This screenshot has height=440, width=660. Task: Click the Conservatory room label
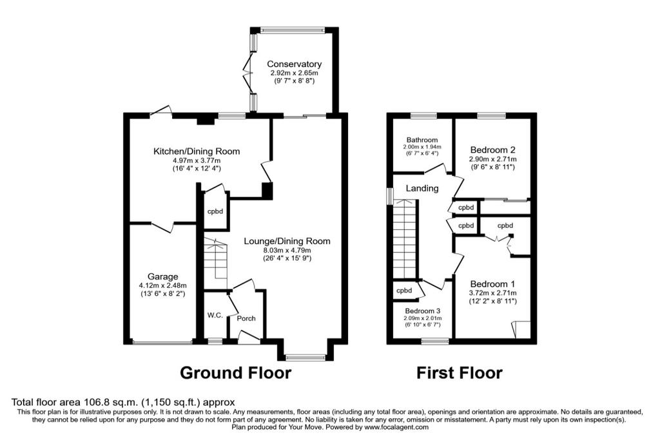click(x=294, y=64)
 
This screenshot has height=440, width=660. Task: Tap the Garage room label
click(x=162, y=277)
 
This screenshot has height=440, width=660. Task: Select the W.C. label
click(x=215, y=315)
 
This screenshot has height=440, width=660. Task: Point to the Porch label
click(x=246, y=318)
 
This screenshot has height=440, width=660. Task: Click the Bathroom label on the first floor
click(x=422, y=140)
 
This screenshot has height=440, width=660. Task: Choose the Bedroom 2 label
click(x=493, y=149)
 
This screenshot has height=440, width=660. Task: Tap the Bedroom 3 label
click(x=423, y=311)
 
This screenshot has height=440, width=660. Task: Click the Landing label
click(x=422, y=189)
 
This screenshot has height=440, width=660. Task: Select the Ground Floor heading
click(x=236, y=373)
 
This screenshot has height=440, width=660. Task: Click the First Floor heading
click(x=460, y=373)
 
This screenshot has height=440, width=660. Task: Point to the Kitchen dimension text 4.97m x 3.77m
click(x=197, y=160)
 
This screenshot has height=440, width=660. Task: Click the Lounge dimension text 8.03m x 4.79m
click(x=287, y=251)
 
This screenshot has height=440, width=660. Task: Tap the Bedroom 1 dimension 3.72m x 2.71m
click(x=493, y=293)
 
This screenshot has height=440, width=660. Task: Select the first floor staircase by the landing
click(x=405, y=240)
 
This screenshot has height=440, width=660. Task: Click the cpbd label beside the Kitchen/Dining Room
click(x=215, y=211)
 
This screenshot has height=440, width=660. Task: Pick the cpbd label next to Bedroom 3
click(x=404, y=291)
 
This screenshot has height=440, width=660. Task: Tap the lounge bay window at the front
click(x=306, y=358)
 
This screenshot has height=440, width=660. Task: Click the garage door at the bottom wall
click(x=162, y=343)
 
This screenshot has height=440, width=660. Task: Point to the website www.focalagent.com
click(x=396, y=427)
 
